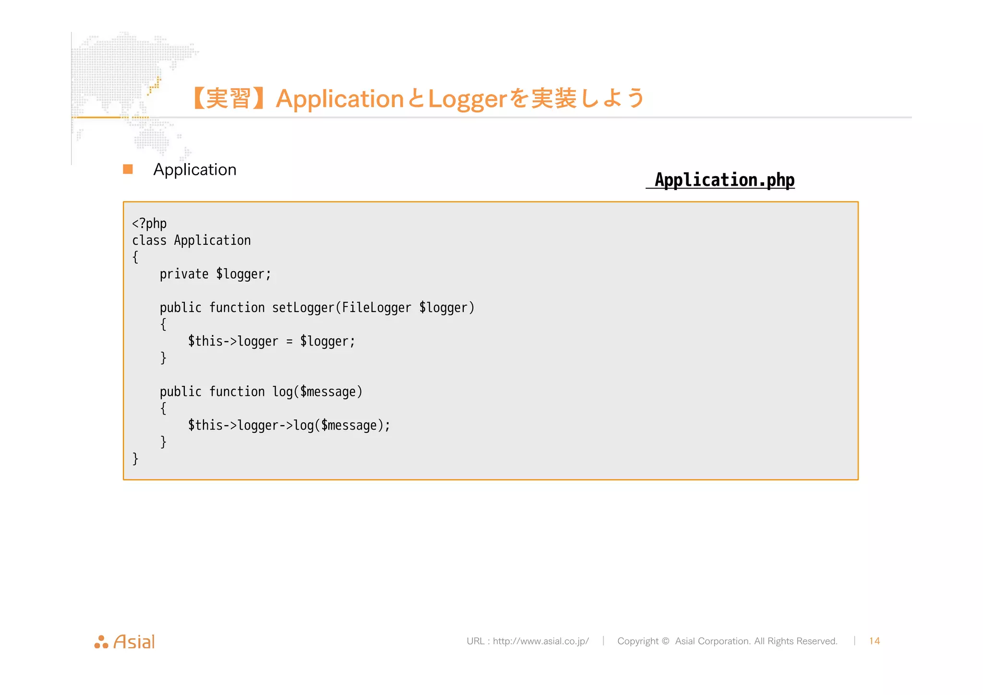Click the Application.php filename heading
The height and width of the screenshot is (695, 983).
coord(724,180)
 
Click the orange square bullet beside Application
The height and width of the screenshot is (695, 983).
coord(128,169)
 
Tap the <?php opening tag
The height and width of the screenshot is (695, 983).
coord(149,224)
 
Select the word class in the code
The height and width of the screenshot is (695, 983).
coord(149,240)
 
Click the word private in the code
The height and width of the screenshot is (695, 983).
coord(184,274)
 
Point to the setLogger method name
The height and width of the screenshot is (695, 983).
coord(303,308)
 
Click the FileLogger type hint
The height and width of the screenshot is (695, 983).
coord(376,308)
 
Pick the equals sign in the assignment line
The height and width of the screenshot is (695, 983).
coord(289,341)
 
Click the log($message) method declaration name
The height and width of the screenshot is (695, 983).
coord(282,392)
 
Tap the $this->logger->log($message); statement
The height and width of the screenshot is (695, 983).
coord(289,425)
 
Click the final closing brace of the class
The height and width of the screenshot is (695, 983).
coord(135,459)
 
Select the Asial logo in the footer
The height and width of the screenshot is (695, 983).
coord(125,642)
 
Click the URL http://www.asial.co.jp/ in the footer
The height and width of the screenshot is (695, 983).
coord(540,641)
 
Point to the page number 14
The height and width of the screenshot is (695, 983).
coord(874,641)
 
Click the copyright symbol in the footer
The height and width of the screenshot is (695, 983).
coord(665,641)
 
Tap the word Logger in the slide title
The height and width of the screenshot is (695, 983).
coord(467,99)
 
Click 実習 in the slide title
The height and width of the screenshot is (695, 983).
coord(228,99)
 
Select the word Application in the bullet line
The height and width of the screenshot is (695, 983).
coord(195,169)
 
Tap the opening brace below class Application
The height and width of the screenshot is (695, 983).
coord(135,257)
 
